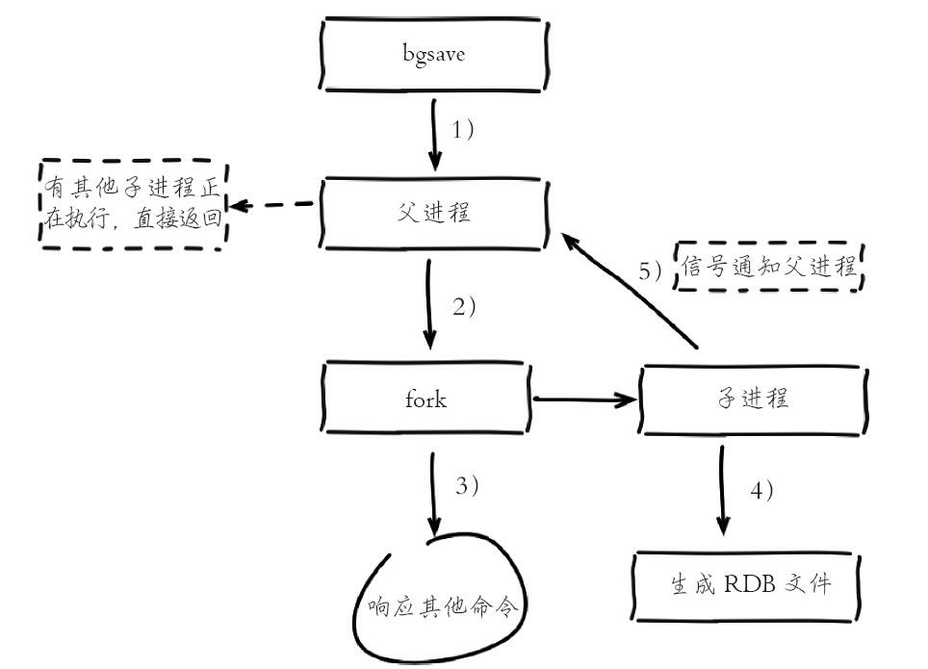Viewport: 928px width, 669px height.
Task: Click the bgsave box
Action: [434, 54]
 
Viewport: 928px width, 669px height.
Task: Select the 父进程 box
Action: [434, 214]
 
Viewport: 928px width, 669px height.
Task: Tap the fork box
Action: [426, 398]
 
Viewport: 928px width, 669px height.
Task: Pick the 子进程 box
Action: [755, 398]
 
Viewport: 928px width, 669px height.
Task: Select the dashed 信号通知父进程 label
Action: [771, 267]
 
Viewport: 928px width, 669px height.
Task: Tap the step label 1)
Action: [462, 129]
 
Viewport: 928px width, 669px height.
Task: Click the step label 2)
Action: [464, 308]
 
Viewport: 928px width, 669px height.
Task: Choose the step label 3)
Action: [466, 486]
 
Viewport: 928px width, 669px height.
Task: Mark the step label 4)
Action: [760, 489]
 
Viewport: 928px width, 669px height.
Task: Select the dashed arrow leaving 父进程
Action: [274, 205]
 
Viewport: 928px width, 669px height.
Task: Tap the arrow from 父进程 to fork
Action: [428, 303]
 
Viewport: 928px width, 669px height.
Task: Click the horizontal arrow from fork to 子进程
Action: [582, 398]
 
